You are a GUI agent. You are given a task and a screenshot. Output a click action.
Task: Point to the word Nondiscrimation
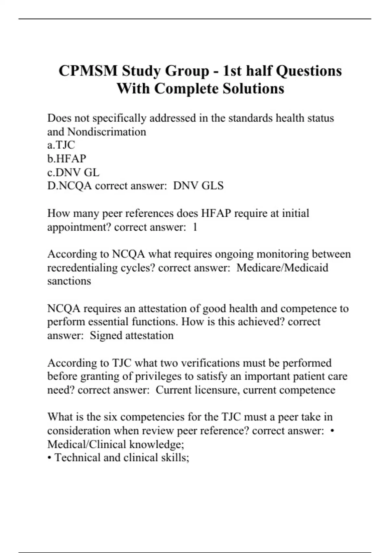click(107, 132)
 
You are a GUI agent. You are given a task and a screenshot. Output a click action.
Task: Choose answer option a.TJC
click(61, 145)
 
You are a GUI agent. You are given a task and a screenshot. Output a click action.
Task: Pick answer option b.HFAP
click(67, 159)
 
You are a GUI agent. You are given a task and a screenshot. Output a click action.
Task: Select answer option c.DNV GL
click(73, 172)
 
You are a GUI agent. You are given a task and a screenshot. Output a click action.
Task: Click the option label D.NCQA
click(69, 186)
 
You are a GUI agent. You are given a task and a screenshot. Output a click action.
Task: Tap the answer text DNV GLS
click(198, 186)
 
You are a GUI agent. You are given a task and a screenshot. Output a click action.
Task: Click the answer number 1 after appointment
click(195, 227)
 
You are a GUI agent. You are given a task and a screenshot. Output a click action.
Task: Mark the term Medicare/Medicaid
click(282, 268)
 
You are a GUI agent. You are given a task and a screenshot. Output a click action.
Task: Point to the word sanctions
click(69, 281)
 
